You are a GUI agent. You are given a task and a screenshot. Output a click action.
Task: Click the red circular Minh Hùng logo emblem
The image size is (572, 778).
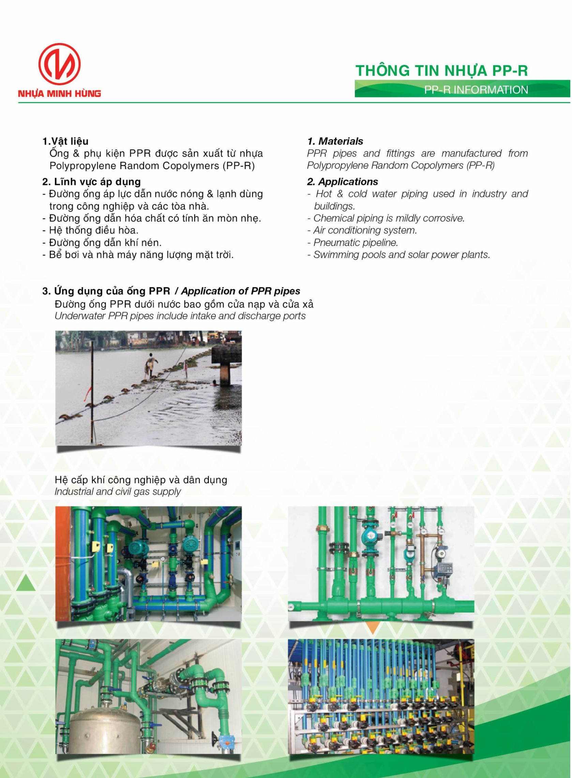60,65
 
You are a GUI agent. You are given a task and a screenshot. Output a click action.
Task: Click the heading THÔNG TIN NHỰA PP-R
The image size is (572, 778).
442,71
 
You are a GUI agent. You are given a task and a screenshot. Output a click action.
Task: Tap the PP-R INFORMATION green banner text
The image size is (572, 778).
476,90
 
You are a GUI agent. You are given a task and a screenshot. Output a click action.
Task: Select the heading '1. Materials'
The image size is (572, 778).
335,141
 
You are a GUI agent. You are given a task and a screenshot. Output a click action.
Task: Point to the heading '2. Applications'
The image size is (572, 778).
343,182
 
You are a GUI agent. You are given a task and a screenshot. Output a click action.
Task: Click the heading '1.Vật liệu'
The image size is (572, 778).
65,141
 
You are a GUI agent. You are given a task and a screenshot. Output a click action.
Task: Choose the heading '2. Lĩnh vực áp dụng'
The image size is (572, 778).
91,182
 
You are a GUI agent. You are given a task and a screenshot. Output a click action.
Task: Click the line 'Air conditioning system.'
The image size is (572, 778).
365,230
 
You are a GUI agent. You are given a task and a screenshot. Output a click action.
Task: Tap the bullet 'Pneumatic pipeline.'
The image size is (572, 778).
355,243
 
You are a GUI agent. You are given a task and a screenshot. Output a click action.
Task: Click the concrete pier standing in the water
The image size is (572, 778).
227,365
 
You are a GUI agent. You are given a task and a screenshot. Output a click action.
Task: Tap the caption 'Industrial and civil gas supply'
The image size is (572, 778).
118,492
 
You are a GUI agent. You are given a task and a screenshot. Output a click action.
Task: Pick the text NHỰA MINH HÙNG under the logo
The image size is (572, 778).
60,93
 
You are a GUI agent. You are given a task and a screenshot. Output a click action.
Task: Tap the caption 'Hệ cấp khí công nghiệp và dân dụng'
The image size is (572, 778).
140,480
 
